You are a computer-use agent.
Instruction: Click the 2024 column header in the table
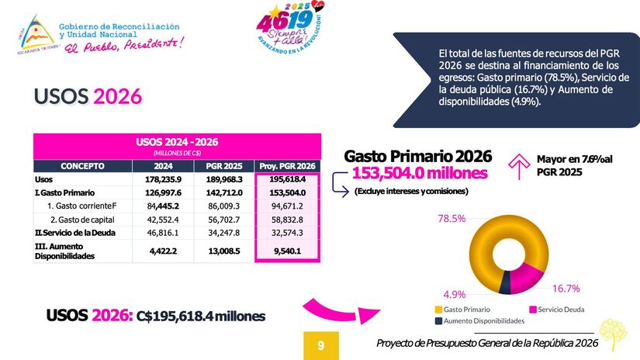coord(163,165)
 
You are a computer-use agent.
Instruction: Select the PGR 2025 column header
coord(224,165)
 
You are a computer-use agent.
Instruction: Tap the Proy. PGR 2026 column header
coord(288,165)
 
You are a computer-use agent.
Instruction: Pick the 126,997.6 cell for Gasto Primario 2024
coord(163,192)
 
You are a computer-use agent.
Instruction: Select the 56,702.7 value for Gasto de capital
coord(224,219)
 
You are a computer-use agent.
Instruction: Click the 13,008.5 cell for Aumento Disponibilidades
coord(224,251)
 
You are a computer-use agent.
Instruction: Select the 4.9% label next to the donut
coord(454,295)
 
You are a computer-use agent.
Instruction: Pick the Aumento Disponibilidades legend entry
coord(479,320)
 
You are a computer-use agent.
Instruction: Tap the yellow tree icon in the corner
coord(614,334)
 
